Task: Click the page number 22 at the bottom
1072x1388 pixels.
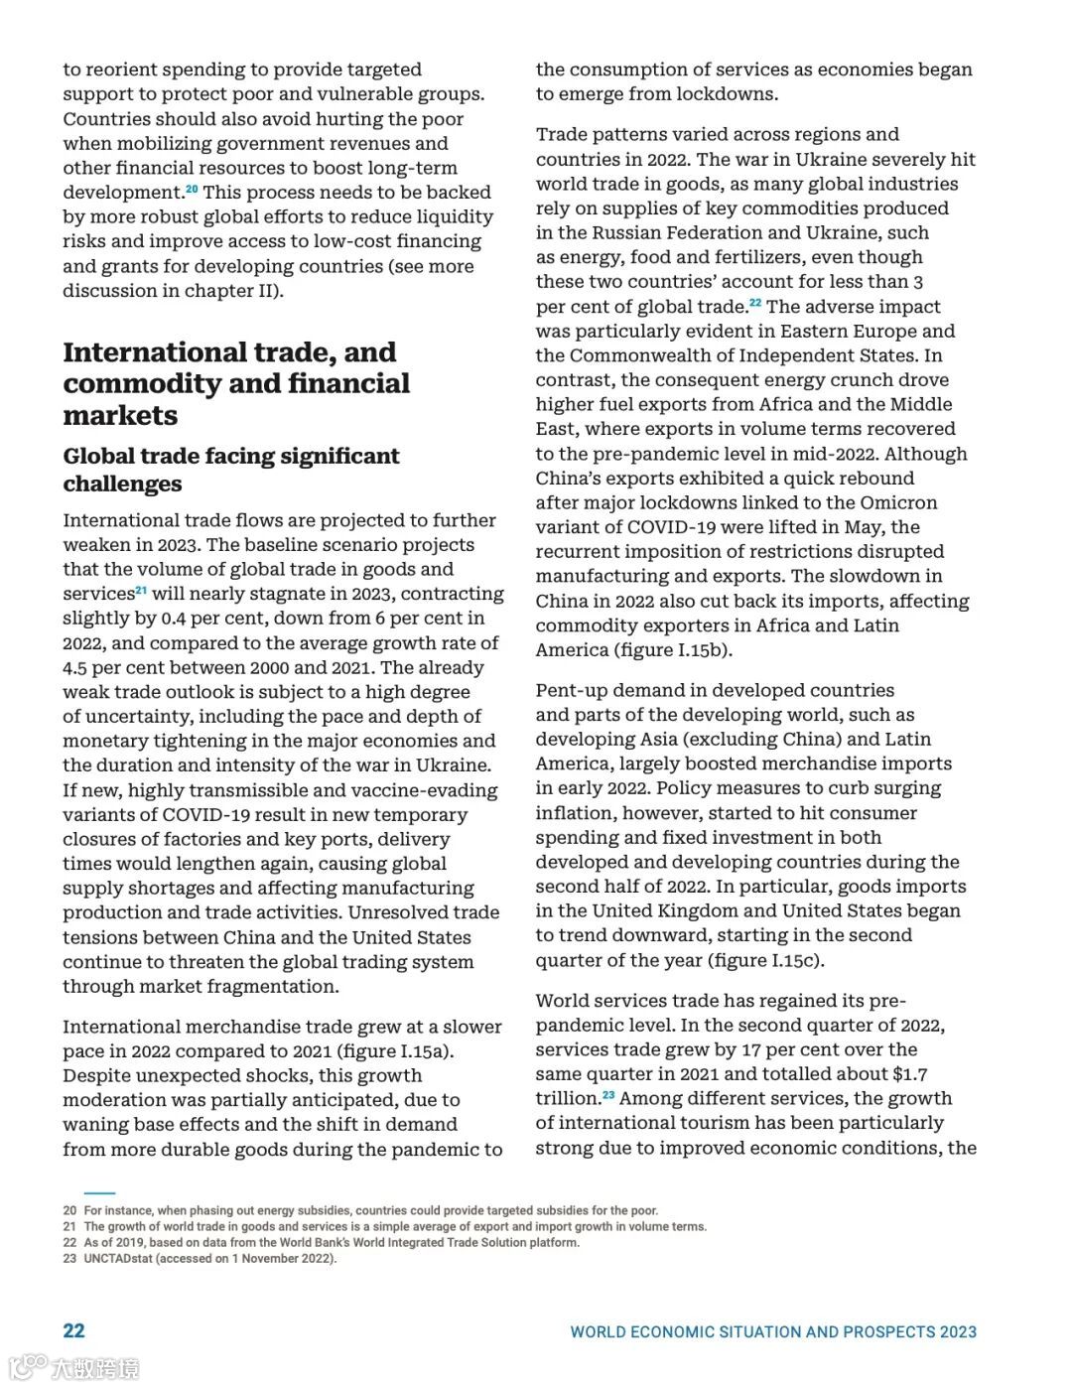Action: [73, 1331]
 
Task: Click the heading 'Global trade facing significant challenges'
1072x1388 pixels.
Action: [230, 470]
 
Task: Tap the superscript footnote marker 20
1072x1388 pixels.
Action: [192, 189]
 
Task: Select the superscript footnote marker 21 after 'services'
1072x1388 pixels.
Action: [141, 591]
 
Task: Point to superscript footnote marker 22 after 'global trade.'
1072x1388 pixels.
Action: [755, 303]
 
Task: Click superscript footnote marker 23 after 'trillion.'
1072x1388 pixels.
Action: [608, 1095]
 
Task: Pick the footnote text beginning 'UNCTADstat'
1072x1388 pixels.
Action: [209, 1259]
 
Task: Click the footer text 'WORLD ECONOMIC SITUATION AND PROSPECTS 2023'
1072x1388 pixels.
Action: [772, 1332]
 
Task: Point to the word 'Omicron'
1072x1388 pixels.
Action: [898, 503]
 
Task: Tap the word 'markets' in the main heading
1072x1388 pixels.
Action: [120, 416]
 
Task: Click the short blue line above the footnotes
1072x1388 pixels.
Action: [99, 1193]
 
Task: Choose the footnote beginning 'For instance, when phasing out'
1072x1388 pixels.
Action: [370, 1211]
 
